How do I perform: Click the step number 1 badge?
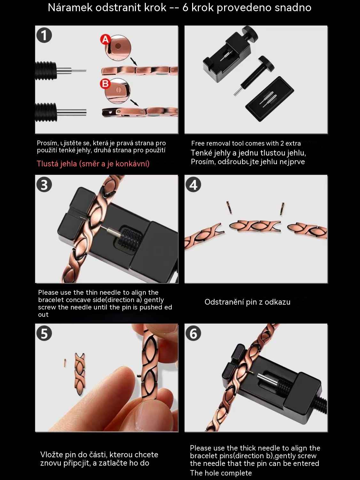click(44, 36)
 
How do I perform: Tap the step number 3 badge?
click(44, 185)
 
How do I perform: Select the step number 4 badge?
click(193, 185)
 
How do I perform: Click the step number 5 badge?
click(44, 334)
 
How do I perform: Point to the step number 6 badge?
click(193, 334)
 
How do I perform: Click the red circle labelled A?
click(106, 40)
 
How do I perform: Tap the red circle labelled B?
click(105, 84)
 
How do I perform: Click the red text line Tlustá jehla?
click(93, 164)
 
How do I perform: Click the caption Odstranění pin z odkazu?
click(247, 302)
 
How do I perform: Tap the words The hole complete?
click(221, 473)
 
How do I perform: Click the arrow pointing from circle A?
click(134, 62)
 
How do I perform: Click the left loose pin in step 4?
click(229, 207)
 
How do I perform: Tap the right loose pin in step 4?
click(282, 209)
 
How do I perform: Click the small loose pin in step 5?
click(65, 363)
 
